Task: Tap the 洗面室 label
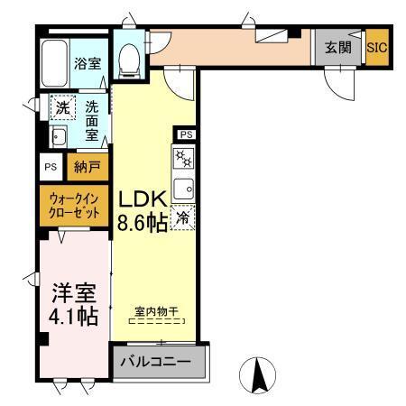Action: [x=93, y=119]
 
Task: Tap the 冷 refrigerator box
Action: [x=183, y=217]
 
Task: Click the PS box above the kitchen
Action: [x=186, y=134]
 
